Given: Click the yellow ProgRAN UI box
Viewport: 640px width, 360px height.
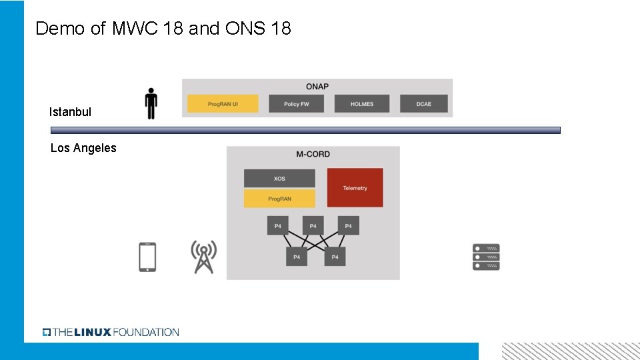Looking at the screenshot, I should point(223,104).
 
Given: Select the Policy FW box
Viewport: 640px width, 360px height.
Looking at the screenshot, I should point(296,104).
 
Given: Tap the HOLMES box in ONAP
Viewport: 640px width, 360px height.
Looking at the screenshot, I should point(361,104).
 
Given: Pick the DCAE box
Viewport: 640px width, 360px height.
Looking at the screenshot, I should point(424,104).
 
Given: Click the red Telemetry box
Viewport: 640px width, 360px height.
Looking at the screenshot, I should point(355,188).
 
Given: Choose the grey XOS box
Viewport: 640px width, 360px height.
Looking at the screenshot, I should point(279,179).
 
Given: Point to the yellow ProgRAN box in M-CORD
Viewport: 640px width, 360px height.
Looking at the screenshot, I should point(279,199).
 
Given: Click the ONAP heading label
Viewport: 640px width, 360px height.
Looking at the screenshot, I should point(317,87).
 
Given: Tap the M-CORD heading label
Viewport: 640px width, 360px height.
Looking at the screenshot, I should point(313,154).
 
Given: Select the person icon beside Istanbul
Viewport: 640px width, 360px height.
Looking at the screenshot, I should point(151,103).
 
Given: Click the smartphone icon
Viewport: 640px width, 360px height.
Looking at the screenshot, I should point(147,257).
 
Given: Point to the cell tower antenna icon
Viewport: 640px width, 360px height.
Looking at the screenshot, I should point(203,257).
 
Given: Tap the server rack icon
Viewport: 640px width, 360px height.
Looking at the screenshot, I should point(486,257).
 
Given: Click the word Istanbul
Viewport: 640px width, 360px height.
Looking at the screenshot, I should point(70,112).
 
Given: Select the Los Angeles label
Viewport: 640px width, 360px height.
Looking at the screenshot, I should point(83,148).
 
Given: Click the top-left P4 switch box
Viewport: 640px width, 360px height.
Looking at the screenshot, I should point(278,226).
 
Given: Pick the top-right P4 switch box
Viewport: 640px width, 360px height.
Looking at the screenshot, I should point(348,226).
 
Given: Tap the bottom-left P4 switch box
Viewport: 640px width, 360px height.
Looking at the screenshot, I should point(297,257).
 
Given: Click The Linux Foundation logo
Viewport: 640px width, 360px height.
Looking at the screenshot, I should point(111,332).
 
